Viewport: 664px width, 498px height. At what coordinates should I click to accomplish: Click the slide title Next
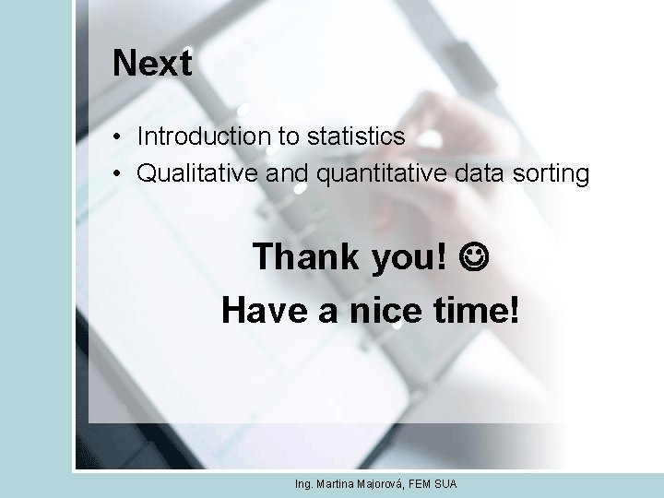pyautogui.click(x=152, y=65)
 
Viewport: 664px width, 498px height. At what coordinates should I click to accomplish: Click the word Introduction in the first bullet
pyautogui.click(x=203, y=136)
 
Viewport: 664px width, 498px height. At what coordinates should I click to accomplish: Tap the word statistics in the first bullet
pyautogui.click(x=355, y=136)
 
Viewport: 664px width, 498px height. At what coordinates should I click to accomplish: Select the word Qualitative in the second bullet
pyautogui.click(x=196, y=173)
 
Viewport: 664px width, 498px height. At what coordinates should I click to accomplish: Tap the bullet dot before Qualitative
pyautogui.click(x=119, y=174)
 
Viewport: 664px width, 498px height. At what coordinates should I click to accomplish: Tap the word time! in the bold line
pyautogui.click(x=477, y=311)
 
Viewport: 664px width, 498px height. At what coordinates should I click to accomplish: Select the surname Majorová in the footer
pyautogui.click(x=378, y=484)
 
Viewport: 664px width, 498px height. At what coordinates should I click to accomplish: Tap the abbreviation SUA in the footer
pyautogui.click(x=446, y=484)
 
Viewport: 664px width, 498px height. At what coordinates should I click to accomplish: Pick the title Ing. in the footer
pyautogui.click(x=304, y=484)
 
